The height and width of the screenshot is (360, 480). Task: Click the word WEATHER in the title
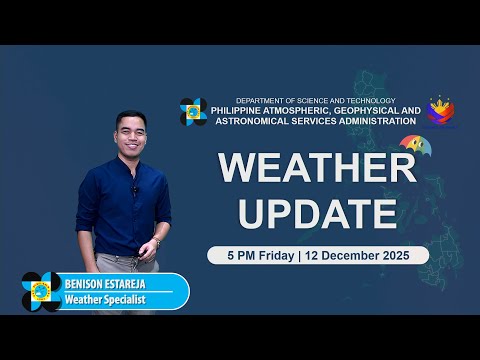pos(316,167)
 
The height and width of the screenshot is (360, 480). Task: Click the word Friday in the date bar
pos(276,255)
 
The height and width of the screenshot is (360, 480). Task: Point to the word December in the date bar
pos(355,255)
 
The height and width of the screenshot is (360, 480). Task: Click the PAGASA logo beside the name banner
pos(41,291)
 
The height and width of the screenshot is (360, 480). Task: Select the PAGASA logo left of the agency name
pos(193,112)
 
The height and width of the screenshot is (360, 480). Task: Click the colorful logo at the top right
pos(442,111)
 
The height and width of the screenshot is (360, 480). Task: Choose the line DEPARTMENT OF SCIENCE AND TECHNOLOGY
pos(315,100)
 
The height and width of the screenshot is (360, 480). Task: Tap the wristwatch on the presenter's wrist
pos(157,242)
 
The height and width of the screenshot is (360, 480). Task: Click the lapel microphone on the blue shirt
pos(135,188)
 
